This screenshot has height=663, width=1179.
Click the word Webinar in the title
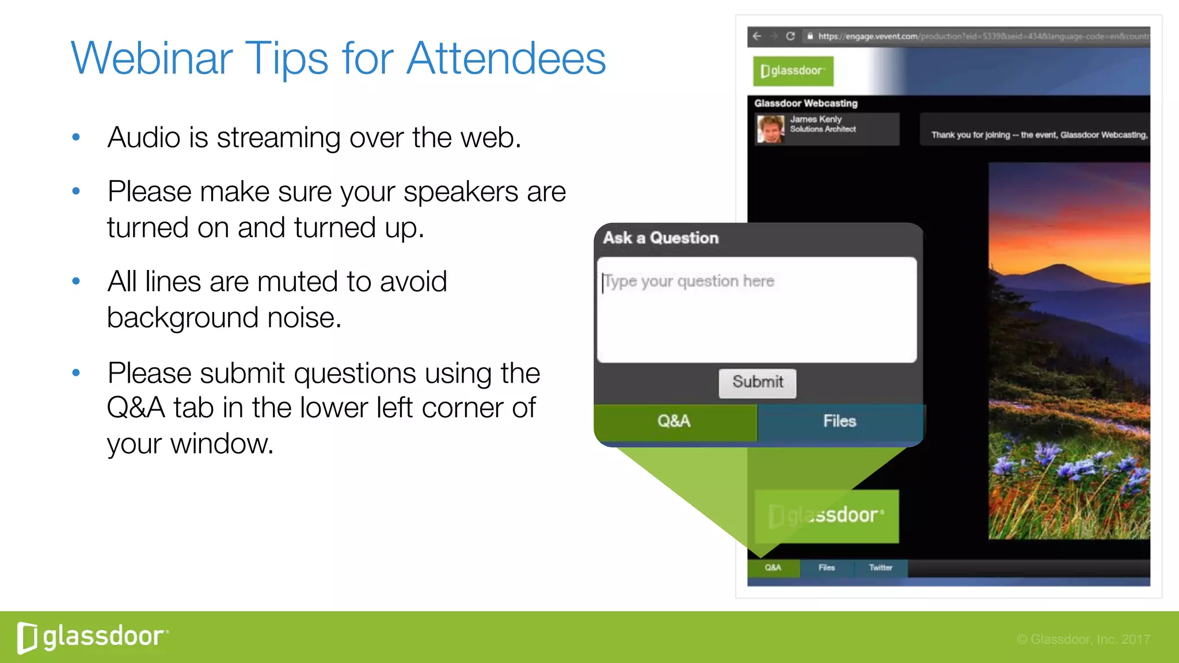click(151, 59)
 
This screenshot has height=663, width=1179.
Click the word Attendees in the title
click(506, 59)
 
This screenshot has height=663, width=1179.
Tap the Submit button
click(757, 383)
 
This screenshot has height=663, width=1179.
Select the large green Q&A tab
click(675, 421)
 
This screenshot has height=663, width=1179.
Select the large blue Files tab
click(839, 421)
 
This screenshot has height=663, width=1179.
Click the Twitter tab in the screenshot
click(880, 567)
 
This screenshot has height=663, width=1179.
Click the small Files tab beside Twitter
click(827, 567)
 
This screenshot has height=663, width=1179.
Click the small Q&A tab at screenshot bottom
click(773, 567)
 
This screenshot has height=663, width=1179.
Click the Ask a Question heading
click(661, 238)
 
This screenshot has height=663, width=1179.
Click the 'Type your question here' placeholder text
click(689, 281)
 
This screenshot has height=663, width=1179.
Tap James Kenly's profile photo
click(770, 129)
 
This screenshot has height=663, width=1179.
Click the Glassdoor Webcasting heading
click(805, 104)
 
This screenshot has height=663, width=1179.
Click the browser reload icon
click(790, 36)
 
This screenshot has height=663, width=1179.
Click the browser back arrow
click(757, 36)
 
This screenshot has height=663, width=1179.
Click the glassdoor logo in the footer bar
click(92, 637)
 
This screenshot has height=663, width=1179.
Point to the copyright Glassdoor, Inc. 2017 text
click(1083, 639)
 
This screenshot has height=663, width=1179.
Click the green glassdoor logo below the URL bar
click(793, 71)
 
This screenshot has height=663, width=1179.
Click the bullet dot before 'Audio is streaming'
click(76, 138)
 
